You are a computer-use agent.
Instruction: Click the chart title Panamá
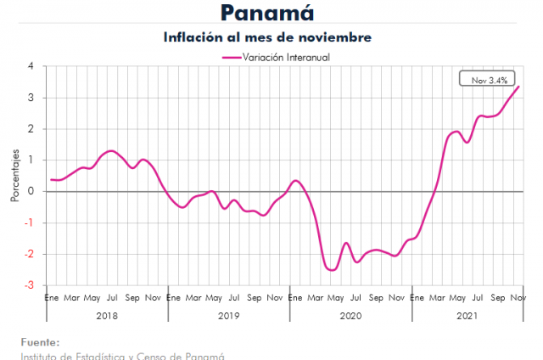pyautogui.click(x=267, y=13)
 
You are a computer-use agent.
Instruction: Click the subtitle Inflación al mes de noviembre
pyautogui.click(x=267, y=37)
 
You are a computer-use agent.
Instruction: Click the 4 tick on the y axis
pyautogui.click(x=31, y=66)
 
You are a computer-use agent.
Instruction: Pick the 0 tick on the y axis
pyautogui.click(x=31, y=191)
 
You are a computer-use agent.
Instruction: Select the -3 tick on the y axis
pyautogui.click(x=31, y=285)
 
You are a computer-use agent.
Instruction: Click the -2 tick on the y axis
pyautogui.click(x=31, y=254)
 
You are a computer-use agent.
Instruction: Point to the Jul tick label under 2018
pyautogui.click(x=112, y=298)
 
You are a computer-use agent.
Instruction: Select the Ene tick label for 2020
pyautogui.click(x=295, y=298)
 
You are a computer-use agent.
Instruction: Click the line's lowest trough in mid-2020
pyautogui.click(x=332, y=270)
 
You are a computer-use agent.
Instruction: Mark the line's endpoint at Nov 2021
pyautogui.click(x=519, y=86)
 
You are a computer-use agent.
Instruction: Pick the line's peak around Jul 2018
pyautogui.click(x=111, y=150)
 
